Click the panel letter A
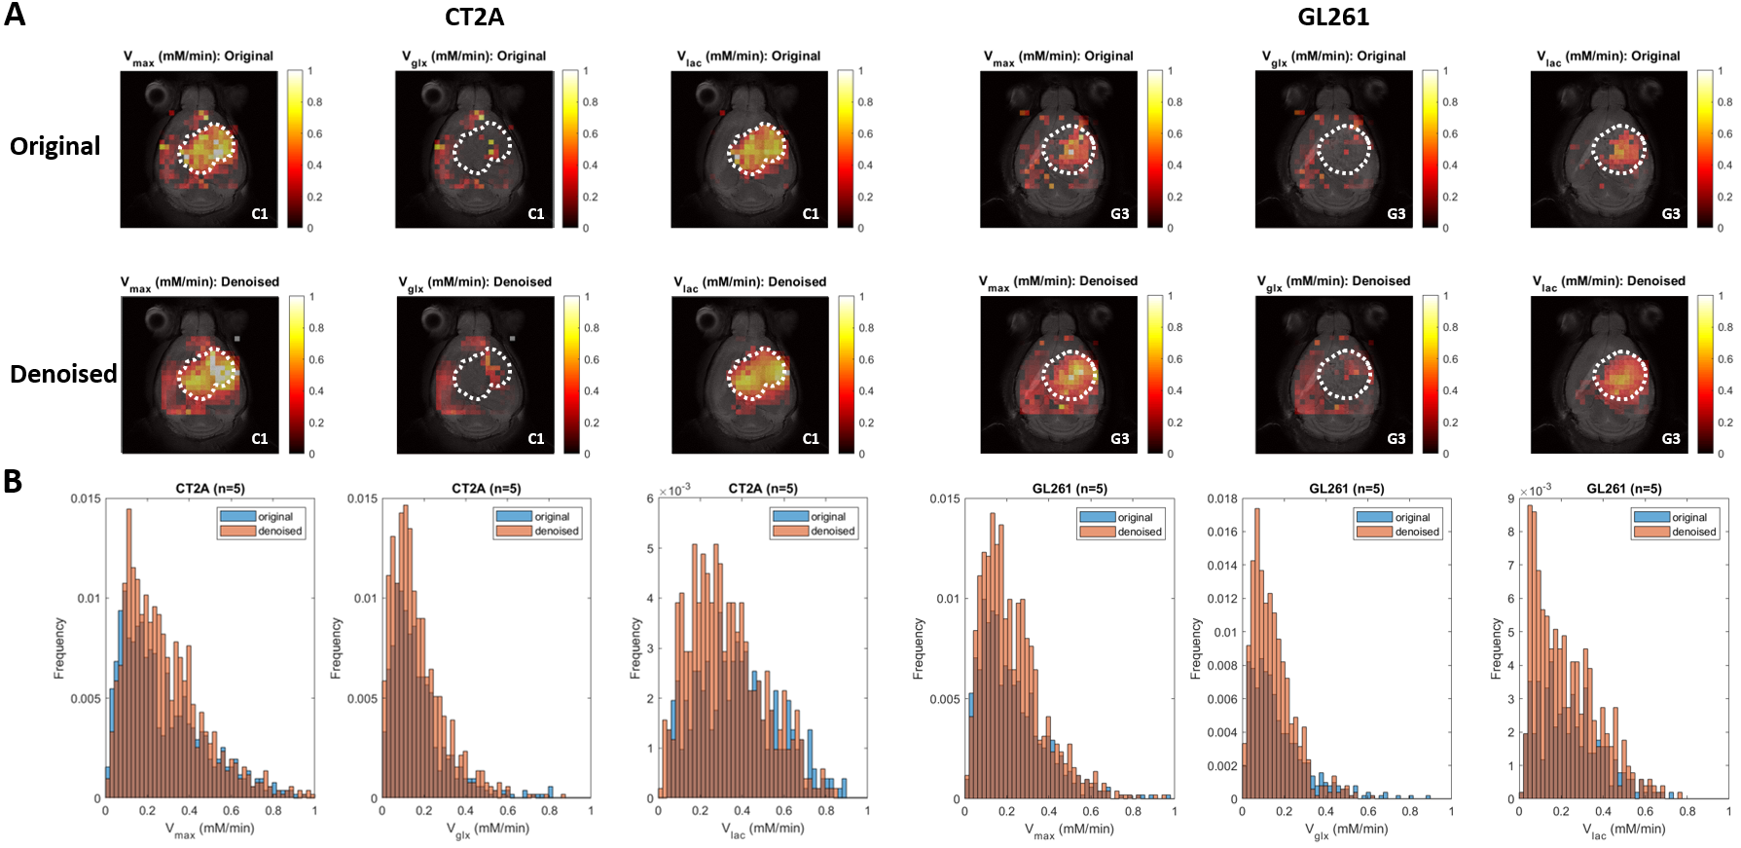coord(15,15)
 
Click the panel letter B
coord(13,481)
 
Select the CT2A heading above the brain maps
coord(474,18)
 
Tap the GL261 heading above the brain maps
coord(1332,18)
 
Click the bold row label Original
coord(54,146)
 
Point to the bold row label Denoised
coord(63,374)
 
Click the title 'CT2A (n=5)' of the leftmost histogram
coord(209,489)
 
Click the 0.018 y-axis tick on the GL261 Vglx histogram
coord(1222,498)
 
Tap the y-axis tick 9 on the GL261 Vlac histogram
coord(1511,498)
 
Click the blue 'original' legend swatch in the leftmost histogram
coord(237,517)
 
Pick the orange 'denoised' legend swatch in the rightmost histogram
coord(1651,532)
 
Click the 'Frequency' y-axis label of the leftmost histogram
coord(59,647)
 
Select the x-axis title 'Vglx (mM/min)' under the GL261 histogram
coord(1346,830)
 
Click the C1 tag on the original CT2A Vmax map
coord(260,214)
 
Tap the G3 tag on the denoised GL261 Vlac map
coord(1671,439)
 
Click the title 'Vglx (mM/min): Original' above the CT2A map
coord(474,56)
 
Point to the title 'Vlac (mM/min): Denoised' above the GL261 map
coord(1609,282)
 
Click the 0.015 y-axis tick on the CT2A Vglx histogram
coord(362,498)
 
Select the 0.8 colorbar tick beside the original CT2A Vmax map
coord(315,102)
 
